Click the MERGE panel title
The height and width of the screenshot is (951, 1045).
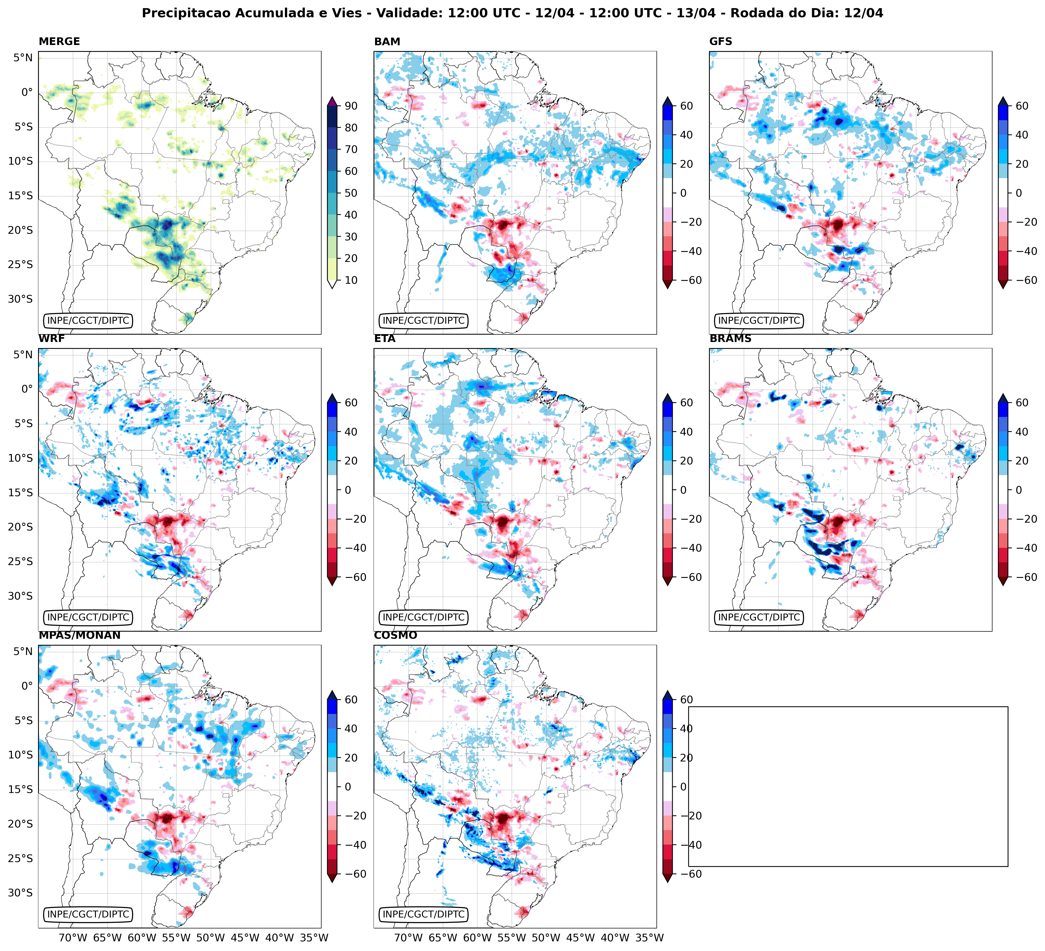59,41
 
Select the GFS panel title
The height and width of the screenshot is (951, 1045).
720,41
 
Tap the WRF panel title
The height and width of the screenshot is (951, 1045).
51,339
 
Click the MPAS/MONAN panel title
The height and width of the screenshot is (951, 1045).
79,635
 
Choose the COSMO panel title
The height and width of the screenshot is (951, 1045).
395,635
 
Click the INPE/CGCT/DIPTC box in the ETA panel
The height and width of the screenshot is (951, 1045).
424,617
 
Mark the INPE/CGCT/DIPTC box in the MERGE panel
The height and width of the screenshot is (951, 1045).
88,320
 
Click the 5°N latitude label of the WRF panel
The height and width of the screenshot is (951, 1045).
23,355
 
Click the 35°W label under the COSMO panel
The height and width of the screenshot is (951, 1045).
650,938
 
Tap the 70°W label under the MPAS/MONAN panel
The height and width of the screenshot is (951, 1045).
73,938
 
